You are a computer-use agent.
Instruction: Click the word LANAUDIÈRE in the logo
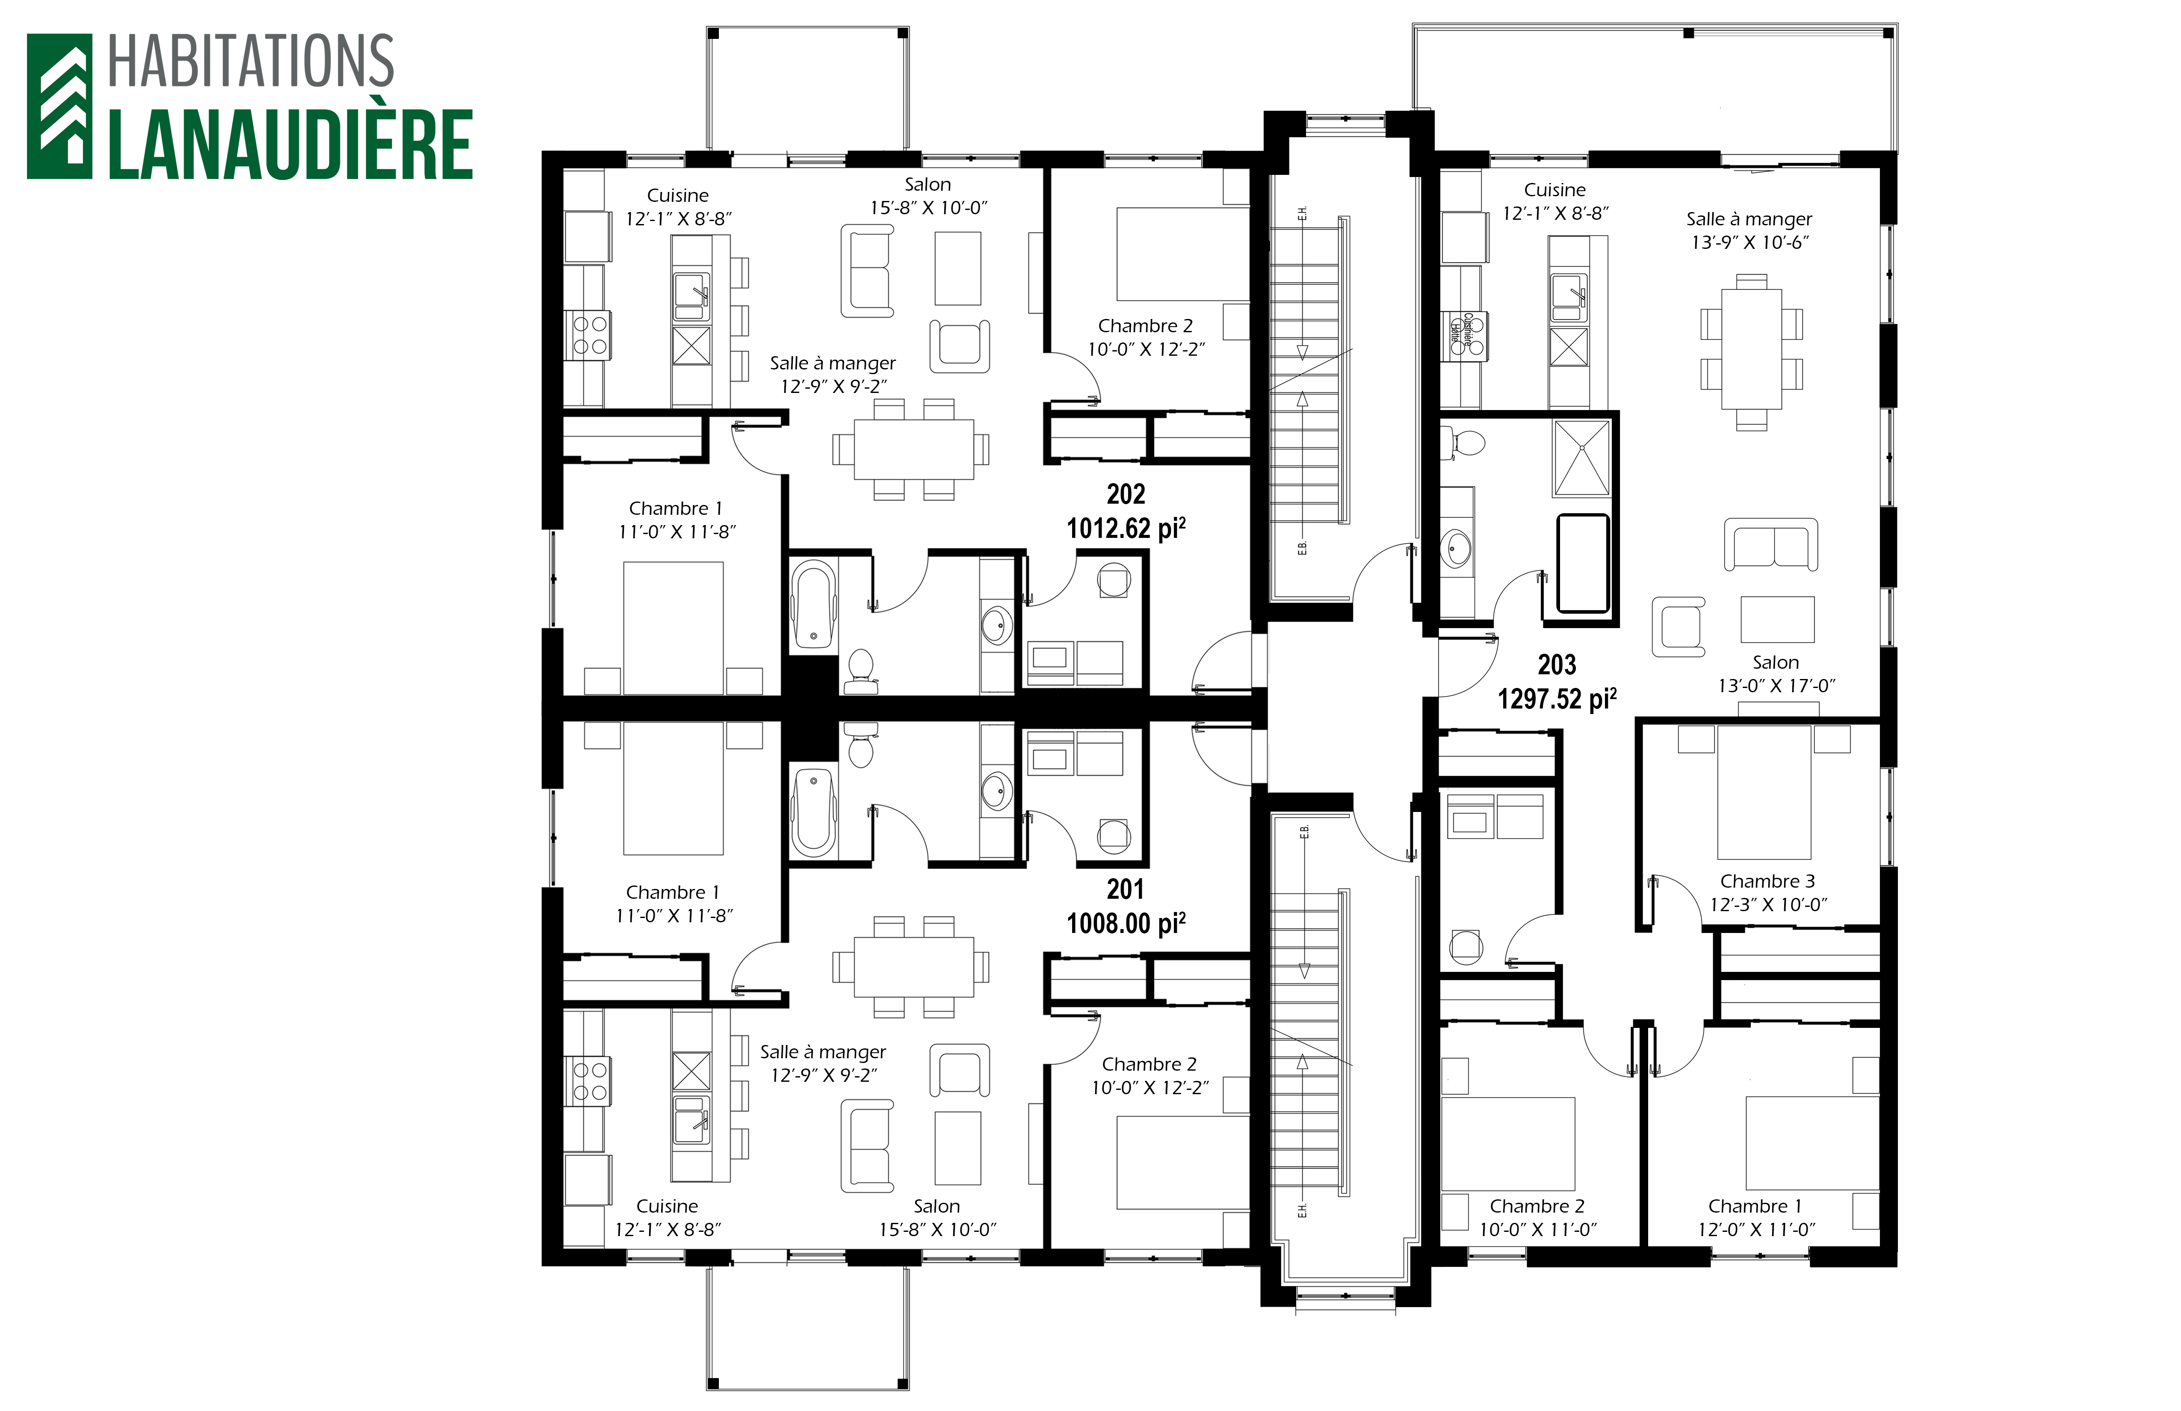(290, 145)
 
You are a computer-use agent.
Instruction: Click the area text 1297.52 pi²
(1557, 699)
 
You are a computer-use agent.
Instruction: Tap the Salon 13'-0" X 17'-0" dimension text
(1776, 685)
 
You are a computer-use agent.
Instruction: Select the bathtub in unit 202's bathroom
(813, 605)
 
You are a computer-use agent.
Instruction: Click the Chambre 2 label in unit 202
(1146, 326)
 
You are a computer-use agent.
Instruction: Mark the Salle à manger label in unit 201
(823, 1052)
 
